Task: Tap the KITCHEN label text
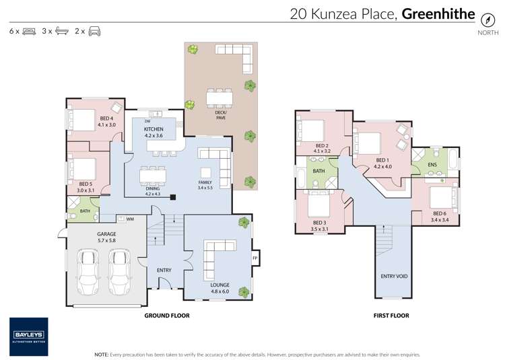coord(154,129)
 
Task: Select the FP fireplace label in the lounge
coord(255,258)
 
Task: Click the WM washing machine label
coord(131,218)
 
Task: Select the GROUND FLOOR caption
coord(167,315)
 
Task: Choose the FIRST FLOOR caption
coord(391,315)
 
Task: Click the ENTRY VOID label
coord(394,276)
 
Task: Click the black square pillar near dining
coord(173,197)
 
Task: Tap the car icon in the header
coord(95,31)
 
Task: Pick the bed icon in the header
coord(29,31)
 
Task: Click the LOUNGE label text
coord(220,285)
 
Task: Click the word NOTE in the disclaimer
coord(102,354)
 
